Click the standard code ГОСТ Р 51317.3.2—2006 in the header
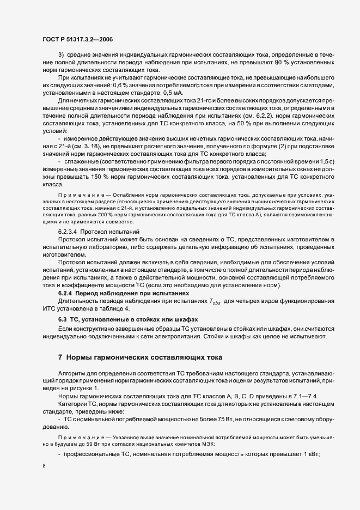(77, 39)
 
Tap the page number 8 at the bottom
(43, 466)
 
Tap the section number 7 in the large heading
(60, 357)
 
